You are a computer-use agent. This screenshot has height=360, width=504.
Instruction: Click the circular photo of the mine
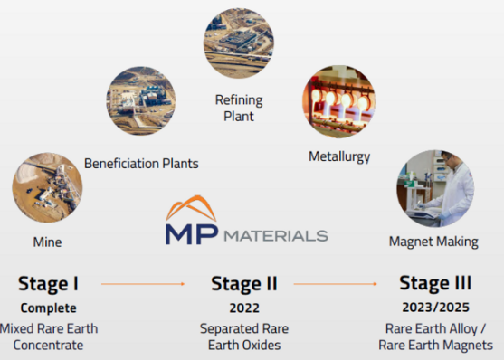(x=47, y=186)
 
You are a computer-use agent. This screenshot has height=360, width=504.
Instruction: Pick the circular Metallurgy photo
(x=338, y=100)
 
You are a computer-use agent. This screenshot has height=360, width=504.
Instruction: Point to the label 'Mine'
(x=48, y=242)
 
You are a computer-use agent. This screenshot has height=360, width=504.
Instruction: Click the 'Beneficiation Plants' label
(x=141, y=164)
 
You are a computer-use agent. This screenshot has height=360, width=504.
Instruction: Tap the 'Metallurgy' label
(x=339, y=156)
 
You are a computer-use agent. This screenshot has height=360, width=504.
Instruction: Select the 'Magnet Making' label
(x=431, y=242)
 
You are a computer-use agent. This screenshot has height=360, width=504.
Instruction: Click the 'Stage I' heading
(x=49, y=284)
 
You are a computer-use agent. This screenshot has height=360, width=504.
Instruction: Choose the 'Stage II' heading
(x=242, y=284)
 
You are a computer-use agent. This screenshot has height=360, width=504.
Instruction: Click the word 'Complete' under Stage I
(x=48, y=308)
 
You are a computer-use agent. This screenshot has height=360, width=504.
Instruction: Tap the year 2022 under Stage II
(x=242, y=308)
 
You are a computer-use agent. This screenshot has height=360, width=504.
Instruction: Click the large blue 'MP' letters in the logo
(x=191, y=233)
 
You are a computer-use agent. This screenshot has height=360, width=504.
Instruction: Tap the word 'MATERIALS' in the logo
(x=274, y=235)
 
